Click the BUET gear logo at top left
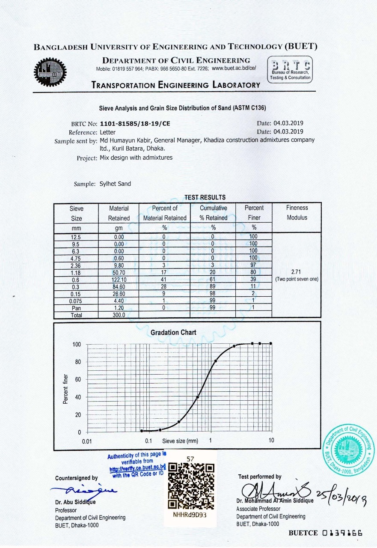click(50, 72)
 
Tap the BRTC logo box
click(290, 70)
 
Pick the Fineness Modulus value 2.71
click(297, 272)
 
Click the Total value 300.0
click(119, 315)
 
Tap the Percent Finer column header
click(254, 213)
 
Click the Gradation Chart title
click(173, 333)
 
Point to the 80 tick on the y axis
click(78, 362)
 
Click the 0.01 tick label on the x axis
click(87, 441)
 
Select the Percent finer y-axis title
click(65, 388)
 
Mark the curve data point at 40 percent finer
click(198, 397)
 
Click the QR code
click(190, 485)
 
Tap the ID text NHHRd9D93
click(190, 515)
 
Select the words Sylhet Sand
click(115, 184)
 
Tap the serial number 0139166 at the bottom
click(343, 533)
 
